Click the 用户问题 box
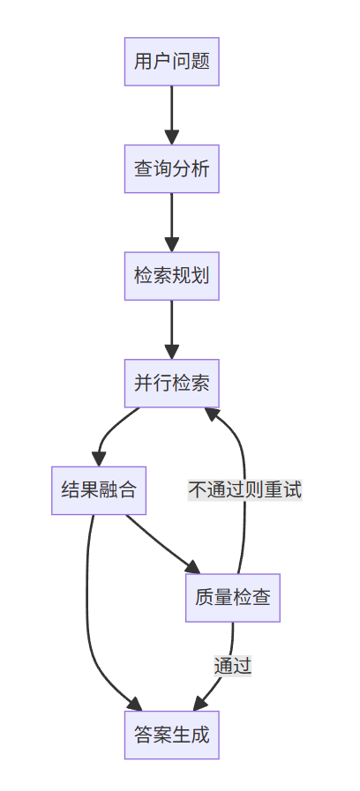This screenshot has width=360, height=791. pyautogui.click(x=171, y=62)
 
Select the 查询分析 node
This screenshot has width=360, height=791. pyautogui.click(x=171, y=168)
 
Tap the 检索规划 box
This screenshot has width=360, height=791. pyautogui.click(x=171, y=275)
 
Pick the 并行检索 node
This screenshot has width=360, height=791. pyautogui.click(x=171, y=383)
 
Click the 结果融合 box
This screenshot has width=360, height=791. pyautogui.click(x=98, y=489)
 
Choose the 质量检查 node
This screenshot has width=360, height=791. pyautogui.click(x=232, y=597)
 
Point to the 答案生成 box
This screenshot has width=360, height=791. pyautogui.click(x=171, y=734)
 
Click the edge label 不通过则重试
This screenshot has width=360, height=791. pyautogui.click(x=244, y=490)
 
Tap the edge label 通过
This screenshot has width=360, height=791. pyautogui.click(x=232, y=665)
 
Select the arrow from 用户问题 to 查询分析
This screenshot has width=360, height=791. pyautogui.click(x=171, y=110)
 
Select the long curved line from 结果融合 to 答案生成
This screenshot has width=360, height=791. pyautogui.click(x=87, y=617)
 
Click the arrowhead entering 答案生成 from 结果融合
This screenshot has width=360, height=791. pyautogui.click(x=135, y=705)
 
